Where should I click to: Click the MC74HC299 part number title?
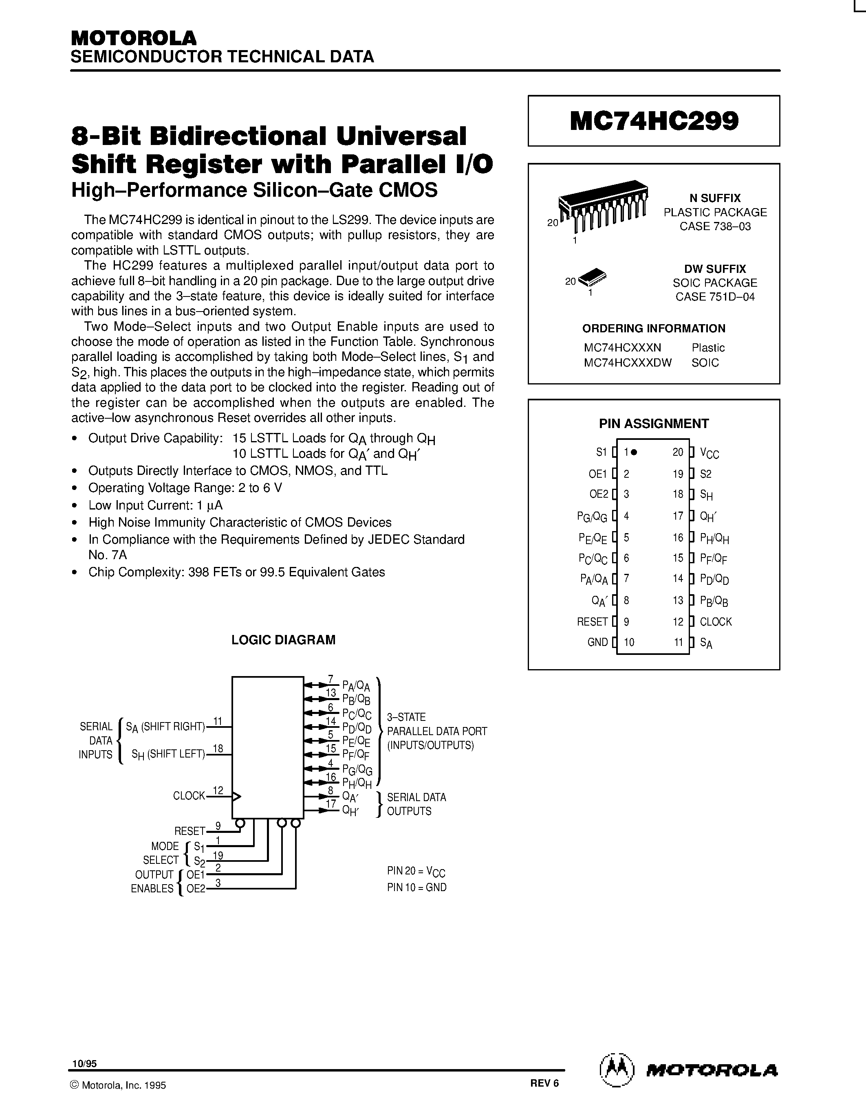pos(654,121)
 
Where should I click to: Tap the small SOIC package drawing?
pos(592,277)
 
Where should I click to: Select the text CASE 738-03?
pos(715,226)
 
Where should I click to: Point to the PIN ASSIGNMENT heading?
pos(654,424)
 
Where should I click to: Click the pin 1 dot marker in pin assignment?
pos(635,452)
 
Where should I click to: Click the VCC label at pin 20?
pos(709,453)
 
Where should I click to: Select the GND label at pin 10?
pos(597,642)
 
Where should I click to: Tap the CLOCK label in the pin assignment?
pos(715,621)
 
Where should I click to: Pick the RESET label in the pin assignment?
pos(592,621)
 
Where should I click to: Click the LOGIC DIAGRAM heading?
pos(283,639)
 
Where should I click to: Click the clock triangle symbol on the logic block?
pos(236,796)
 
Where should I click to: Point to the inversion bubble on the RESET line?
pos(240,823)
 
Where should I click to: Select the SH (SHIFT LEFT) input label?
pos(168,754)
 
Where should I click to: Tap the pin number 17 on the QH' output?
pos(331,804)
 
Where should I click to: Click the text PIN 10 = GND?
pos(416,887)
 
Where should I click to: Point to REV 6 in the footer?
pos(544,1083)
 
